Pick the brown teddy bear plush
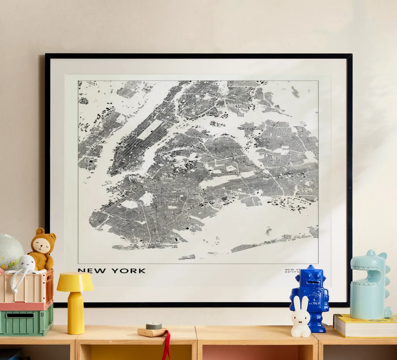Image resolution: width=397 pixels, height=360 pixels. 43,250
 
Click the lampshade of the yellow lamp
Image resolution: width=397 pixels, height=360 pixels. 75,281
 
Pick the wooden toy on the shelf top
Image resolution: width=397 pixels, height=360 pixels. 152,330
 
